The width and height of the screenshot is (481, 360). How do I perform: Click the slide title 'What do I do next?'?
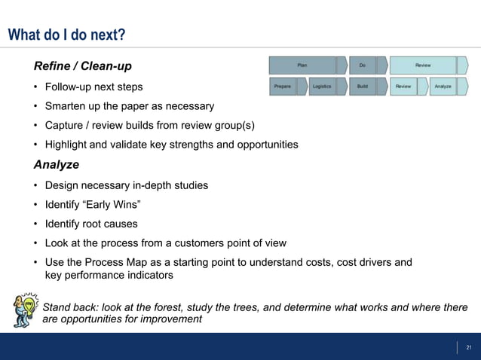pos(66,35)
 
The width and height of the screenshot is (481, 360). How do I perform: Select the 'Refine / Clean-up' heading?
pos(87,67)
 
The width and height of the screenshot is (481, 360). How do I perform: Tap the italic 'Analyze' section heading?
pos(56,164)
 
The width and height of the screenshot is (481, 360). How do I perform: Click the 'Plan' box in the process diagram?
pos(302,66)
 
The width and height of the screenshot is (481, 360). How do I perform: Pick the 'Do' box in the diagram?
pos(362,66)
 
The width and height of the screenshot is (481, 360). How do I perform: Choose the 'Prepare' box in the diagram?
pos(283,87)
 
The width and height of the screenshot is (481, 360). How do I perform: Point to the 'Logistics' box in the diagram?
pos(322,87)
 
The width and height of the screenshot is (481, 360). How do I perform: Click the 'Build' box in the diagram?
pos(363,87)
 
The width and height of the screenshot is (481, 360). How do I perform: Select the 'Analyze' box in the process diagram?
pos(443,87)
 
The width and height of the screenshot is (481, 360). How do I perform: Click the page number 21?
pos(468,347)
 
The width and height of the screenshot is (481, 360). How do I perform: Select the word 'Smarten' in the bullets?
pos(66,106)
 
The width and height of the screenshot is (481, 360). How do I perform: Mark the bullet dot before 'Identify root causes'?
pos(36,224)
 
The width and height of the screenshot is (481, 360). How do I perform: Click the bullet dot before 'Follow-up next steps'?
pos(36,87)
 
